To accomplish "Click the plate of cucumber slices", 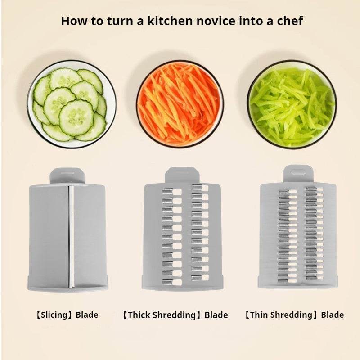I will click(x=71, y=104).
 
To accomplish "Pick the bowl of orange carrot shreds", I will click(x=180, y=104).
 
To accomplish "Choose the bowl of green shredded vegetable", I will click(x=291, y=104).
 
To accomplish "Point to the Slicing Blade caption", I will click(x=67, y=315).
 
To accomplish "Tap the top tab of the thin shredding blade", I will click(x=297, y=173).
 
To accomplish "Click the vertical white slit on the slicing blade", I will click(x=70, y=236).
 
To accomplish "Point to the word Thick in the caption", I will click(x=138, y=315).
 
